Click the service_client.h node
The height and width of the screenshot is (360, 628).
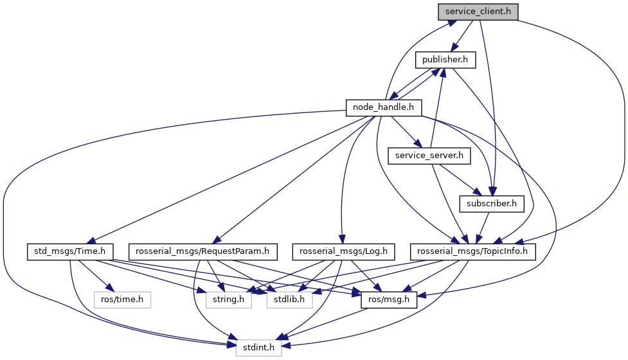478,12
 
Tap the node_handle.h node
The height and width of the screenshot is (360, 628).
384,107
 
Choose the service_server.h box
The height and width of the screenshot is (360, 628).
430,156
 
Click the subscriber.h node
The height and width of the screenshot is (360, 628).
492,203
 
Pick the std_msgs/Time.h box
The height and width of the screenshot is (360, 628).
70,251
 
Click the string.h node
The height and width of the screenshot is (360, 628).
229,300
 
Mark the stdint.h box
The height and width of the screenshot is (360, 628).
257,348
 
